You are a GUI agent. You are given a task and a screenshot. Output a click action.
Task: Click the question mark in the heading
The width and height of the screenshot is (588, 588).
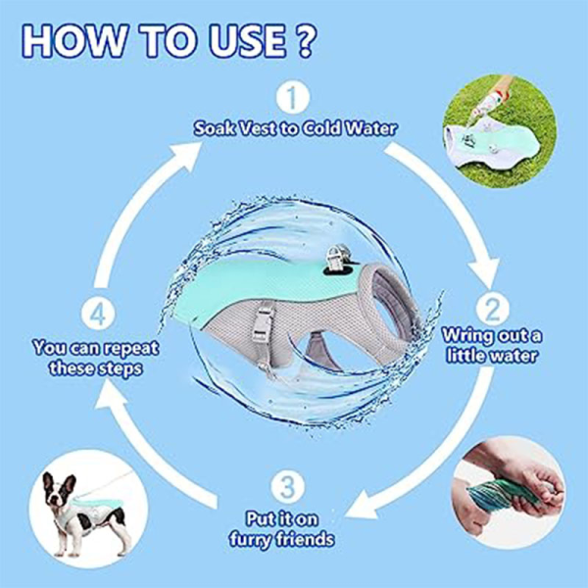[304, 41]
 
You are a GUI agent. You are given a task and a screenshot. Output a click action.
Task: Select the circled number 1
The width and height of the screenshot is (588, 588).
[293, 98]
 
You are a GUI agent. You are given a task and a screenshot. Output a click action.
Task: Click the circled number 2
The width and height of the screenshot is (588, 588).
[492, 309]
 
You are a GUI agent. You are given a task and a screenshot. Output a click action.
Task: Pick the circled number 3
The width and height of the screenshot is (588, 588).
[287, 486]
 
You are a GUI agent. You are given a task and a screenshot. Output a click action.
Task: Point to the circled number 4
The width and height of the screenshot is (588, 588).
[98, 315]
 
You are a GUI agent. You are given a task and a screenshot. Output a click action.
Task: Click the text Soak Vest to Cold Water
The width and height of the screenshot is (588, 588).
[295, 128]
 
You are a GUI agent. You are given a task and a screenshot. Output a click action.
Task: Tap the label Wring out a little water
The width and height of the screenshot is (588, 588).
[492, 345]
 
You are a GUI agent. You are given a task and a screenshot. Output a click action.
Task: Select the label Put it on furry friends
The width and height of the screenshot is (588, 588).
[281, 529]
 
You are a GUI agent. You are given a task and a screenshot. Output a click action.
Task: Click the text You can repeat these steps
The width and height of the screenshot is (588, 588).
[96, 358]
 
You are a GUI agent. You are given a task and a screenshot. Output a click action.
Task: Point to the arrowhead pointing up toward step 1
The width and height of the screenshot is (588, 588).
[184, 155]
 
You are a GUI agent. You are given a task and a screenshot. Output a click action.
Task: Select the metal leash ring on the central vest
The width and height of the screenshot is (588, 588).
[338, 255]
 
